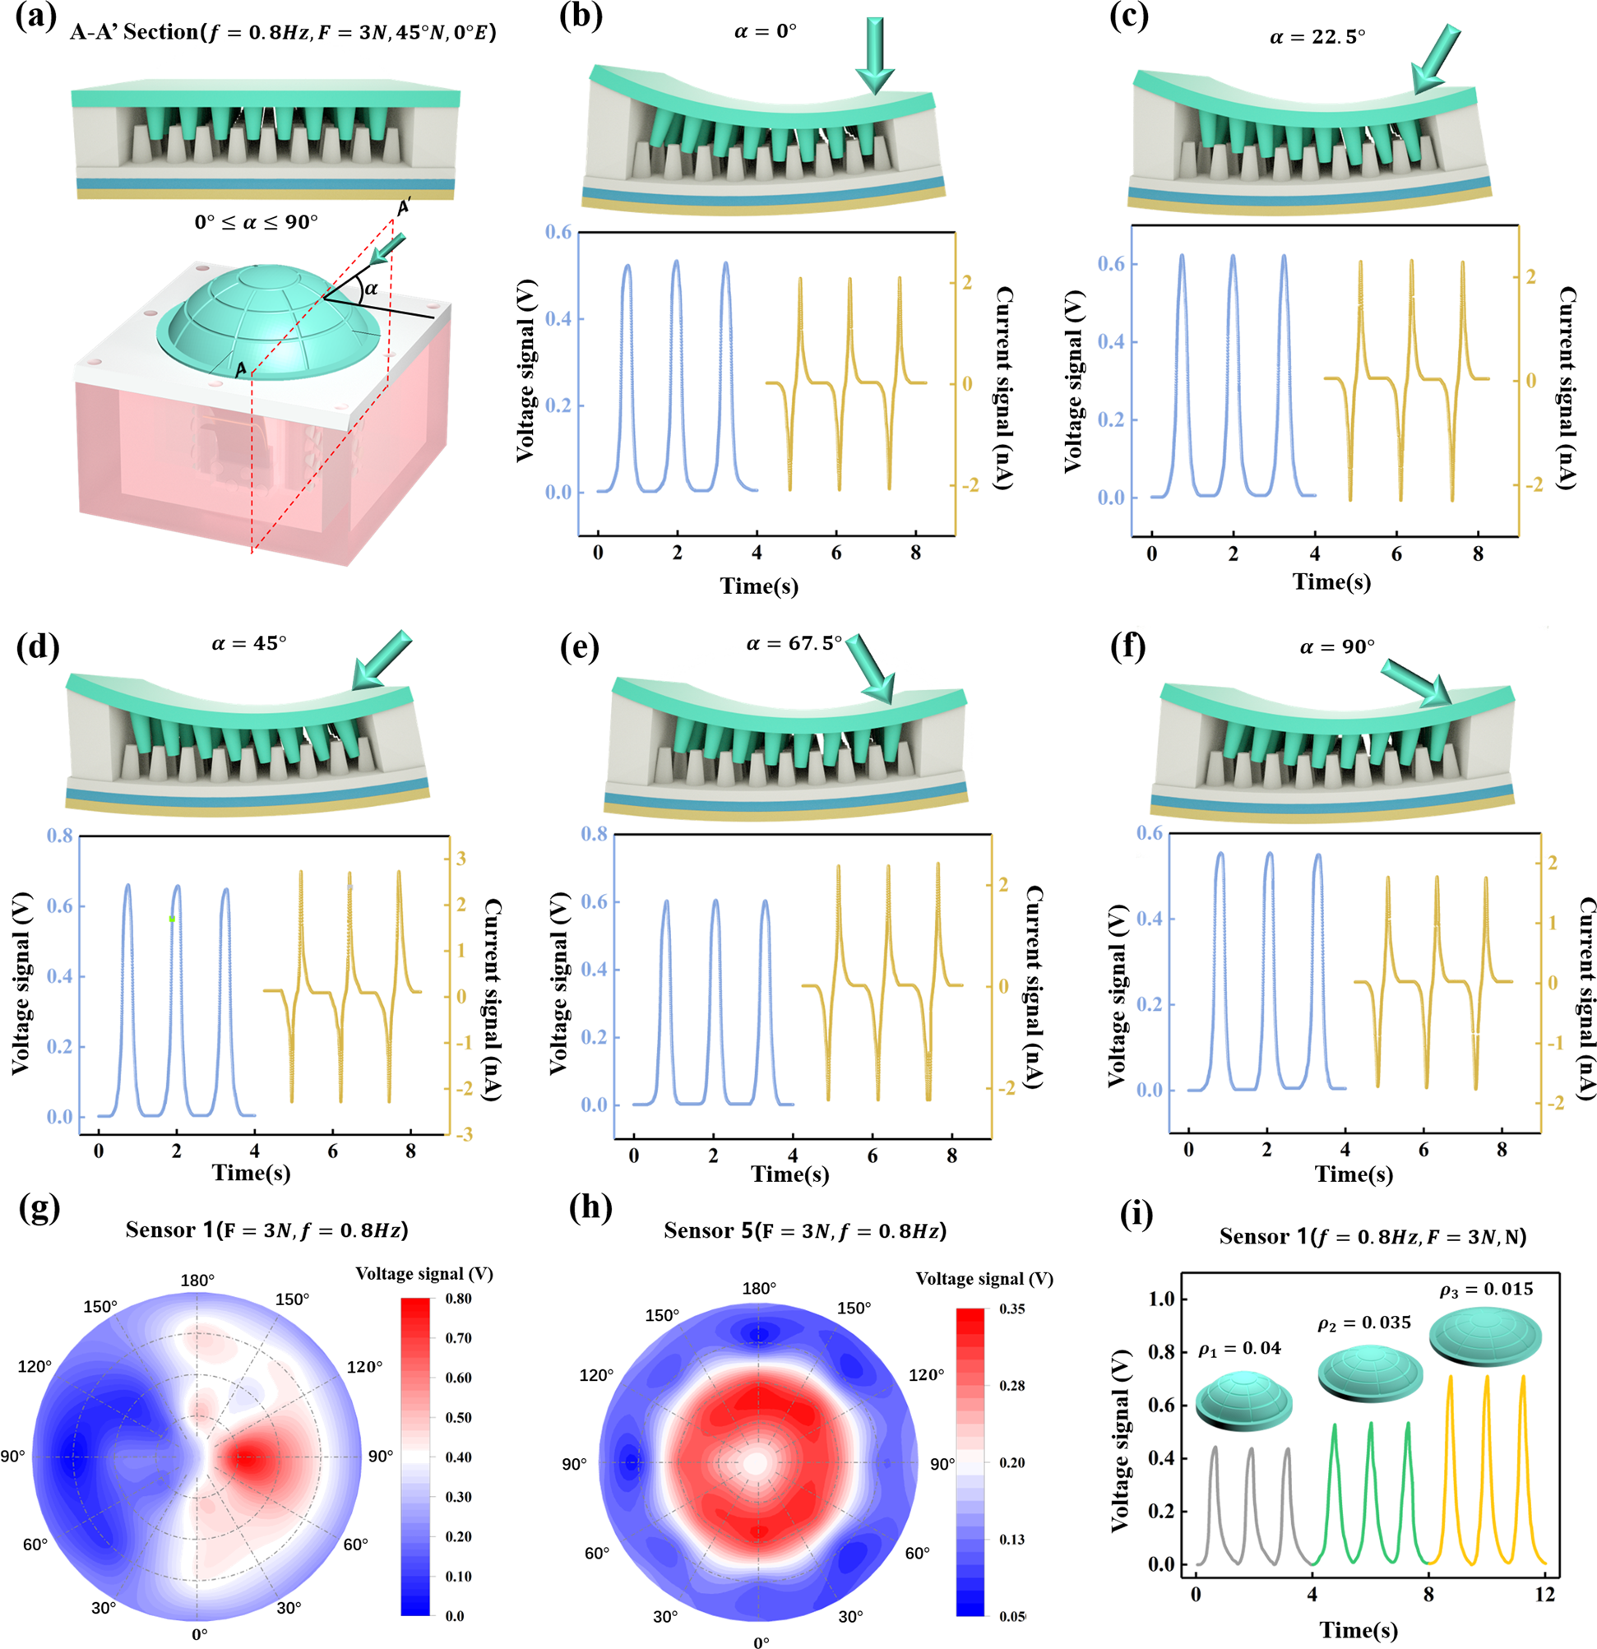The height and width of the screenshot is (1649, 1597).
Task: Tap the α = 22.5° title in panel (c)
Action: coord(1317,37)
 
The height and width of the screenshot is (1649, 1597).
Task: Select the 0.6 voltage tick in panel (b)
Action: coord(558,232)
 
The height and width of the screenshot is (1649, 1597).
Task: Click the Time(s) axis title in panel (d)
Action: coord(251,1173)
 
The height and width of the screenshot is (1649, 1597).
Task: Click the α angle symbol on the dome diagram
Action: coord(370,289)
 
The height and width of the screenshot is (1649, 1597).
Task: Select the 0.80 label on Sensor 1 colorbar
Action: coord(458,1298)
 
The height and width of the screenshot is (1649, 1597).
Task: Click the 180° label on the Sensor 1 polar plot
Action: coord(197,1280)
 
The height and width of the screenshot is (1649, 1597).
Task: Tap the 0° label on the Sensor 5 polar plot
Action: coord(761,1642)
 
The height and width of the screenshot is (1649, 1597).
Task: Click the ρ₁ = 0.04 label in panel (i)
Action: coord(1239,1349)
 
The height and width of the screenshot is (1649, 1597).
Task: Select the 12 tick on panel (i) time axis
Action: coord(1545,1595)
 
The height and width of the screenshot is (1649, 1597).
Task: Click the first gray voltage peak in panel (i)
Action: coord(1214,1448)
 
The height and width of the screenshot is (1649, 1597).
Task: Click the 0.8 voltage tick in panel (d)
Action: coord(64,836)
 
